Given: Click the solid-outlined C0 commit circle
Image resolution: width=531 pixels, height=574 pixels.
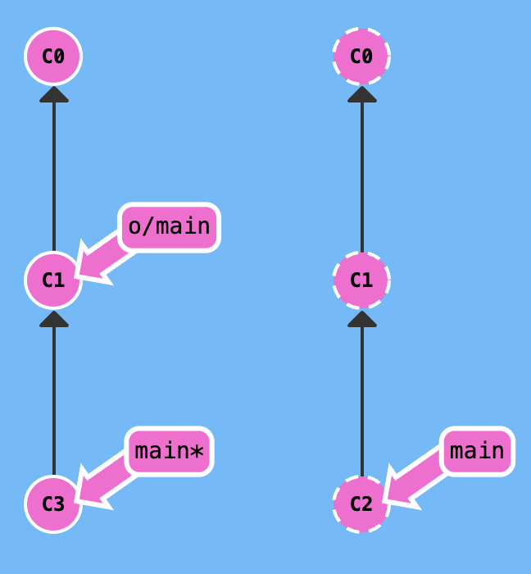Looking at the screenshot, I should [53, 57].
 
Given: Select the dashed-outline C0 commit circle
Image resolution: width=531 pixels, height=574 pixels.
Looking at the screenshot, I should [361, 57].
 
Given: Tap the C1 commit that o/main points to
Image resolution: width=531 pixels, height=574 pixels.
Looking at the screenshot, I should [53, 280].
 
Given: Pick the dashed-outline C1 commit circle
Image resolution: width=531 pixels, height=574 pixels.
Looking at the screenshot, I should [361, 280].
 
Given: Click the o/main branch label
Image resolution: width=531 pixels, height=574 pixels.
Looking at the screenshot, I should [169, 227].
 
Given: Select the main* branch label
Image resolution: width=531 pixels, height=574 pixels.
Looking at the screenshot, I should [169, 451].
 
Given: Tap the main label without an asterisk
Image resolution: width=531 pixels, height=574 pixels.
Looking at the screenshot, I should [477, 451].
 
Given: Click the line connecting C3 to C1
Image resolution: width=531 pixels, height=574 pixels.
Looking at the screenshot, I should [54, 402].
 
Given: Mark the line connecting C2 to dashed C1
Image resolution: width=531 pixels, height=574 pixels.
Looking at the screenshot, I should [361, 402].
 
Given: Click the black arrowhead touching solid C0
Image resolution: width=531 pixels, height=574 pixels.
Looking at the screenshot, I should [54, 93].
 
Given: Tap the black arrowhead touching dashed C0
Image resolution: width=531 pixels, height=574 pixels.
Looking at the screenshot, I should [361, 93].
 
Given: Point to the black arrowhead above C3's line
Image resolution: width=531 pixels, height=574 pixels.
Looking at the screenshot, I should [54, 318].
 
